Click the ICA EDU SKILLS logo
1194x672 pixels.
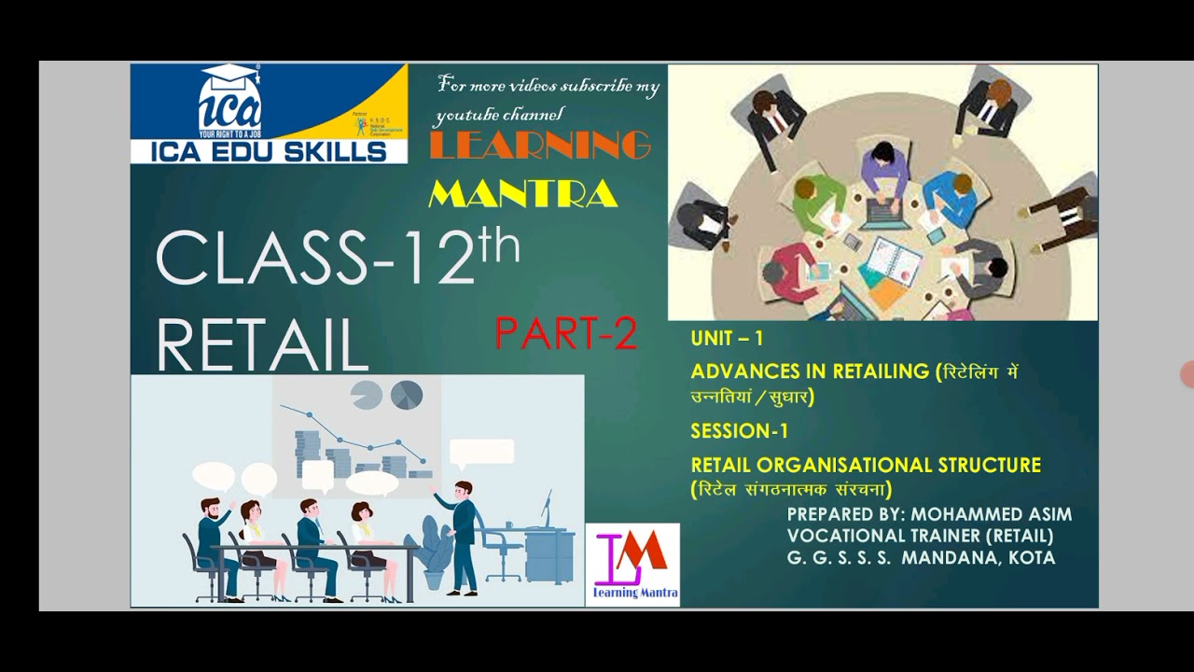(269, 114)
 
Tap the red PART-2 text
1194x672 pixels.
(566, 333)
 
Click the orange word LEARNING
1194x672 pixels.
(540, 146)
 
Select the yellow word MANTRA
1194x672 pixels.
(523, 193)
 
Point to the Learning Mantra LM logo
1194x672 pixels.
(632, 564)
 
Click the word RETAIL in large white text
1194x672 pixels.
(263, 344)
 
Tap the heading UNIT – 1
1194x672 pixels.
(727, 338)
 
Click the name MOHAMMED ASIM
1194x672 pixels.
(992, 514)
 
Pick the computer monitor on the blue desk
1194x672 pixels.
(548, 510)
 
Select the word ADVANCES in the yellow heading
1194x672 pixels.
(737, 371)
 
